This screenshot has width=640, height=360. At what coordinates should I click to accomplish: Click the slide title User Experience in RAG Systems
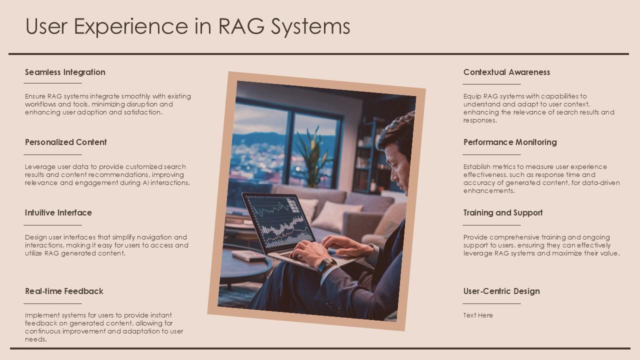pyautogui.click(x=187, y=26)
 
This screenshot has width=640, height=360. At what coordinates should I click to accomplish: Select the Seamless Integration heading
pyautogui.click(x=65, y=72)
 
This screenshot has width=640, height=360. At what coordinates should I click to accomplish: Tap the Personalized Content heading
pyautogui.click(x=66, y=142)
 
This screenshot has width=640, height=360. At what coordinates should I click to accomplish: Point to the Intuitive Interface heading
pyautogui.click(x=58, y=212)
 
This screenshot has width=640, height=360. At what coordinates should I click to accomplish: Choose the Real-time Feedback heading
pyautogui.click(x=64, y=291)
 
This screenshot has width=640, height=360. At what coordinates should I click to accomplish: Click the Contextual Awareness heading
pyautogui.click(x=506, y=72)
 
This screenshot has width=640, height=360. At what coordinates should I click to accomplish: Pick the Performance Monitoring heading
pyautogui.click(x=510, y=142)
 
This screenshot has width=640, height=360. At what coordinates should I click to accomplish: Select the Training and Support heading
pyautogui.click(x=503, y=212)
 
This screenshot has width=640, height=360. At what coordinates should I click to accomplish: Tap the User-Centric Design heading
pyautogui.click(x=501, y=291)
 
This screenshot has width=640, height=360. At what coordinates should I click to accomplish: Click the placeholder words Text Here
pyautogui.click(x=478, y=315)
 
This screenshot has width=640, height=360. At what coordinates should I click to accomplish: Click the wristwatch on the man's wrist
pyautogui.click(x=326, y=264)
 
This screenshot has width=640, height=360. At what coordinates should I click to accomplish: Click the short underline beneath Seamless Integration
pyautogui.click(x=53, y=83)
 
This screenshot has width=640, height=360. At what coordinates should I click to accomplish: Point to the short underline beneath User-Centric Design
pyautogui.click(x=491, y=303)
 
